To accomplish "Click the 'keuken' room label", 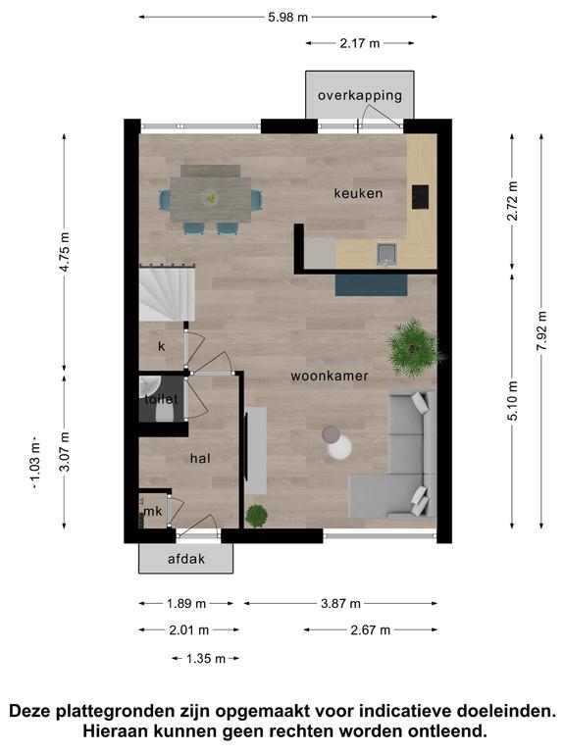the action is tap(358, 193).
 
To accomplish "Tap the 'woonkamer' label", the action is tap(330, 376).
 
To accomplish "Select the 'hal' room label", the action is tap(200, 458).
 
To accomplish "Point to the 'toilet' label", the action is tap(161, 399).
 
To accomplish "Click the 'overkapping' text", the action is tap(360, 95).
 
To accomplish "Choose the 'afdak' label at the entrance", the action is tap(186, 559).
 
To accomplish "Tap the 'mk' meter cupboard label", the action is tap(153, 512).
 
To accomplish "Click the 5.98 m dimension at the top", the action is tap(287, 18).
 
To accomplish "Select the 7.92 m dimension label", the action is tap(541, 330).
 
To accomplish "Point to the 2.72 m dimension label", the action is tap(513, 201).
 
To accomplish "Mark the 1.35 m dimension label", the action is tap(206, 659).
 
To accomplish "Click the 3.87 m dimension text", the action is tap(340, 604).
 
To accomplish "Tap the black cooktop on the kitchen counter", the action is tap(421, 197).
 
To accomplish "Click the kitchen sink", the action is tap(386, 255).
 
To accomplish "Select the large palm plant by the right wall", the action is tap(415, 347).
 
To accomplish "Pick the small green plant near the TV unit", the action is tap(257, 516).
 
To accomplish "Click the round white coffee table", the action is tap(339, 447).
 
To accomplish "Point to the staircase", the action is tap(167, 294).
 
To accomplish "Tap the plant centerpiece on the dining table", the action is tap(211, 197).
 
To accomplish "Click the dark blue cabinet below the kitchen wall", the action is tap(372, 285).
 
